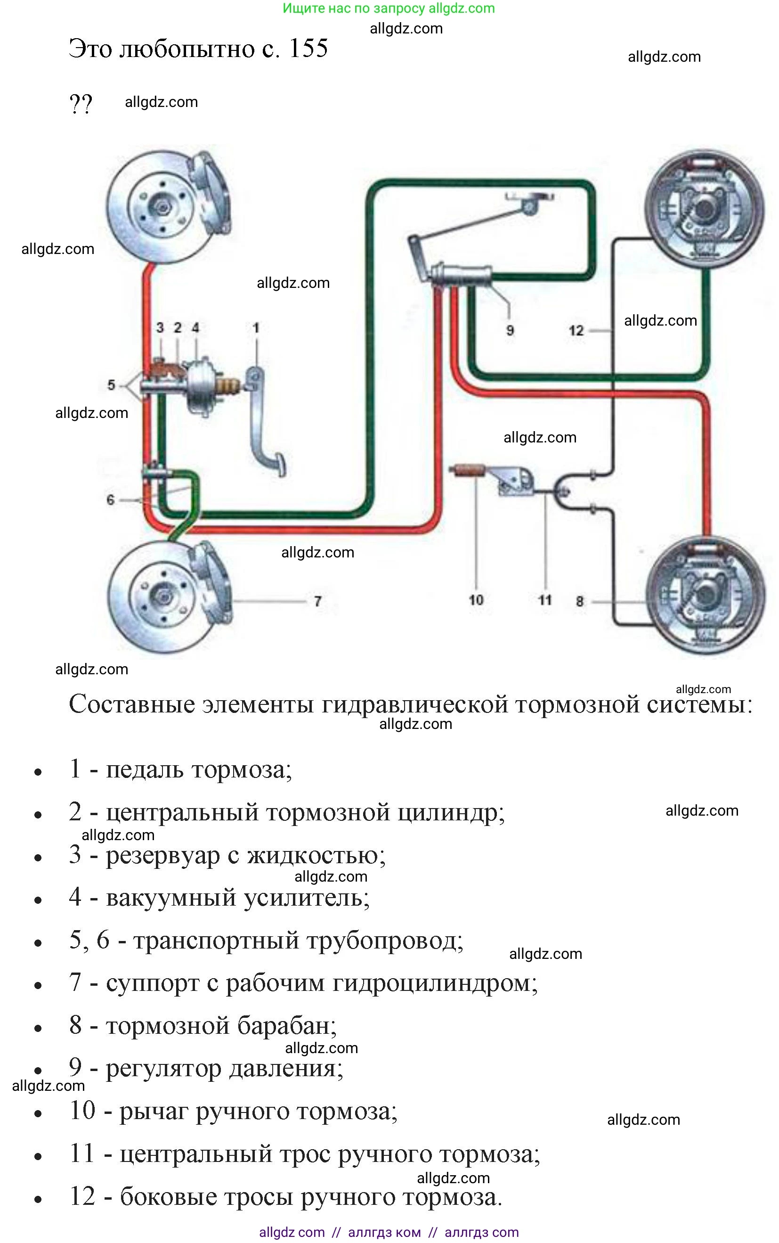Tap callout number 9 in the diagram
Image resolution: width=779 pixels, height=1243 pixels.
[x=510, y=330]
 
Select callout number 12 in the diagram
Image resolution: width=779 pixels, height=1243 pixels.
[x=576, y=330]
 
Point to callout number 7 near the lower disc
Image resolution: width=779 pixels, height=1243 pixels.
[x=318, y=601]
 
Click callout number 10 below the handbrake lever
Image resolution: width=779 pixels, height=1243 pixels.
[x=476, y=600]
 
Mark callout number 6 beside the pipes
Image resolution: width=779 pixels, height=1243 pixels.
[x=110, y=499]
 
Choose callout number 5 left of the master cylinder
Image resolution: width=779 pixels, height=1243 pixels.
[x=111, y=385]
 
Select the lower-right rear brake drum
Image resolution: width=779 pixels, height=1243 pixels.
[x=706, y=595]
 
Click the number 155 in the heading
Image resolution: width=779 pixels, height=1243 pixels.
[x=308, y=49]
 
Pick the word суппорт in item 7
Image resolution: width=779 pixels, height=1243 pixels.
[x=153, y=983]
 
